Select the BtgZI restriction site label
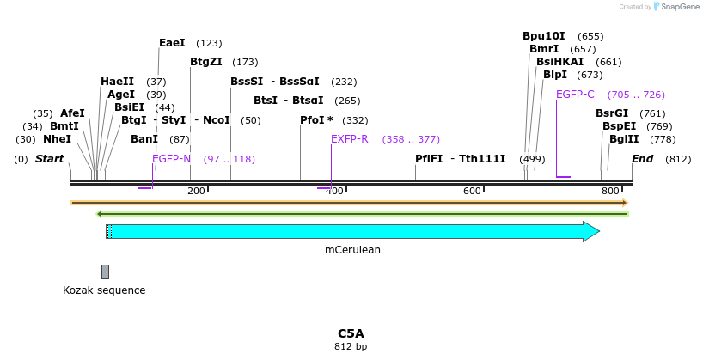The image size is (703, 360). point(205,62)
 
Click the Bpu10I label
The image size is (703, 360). point(544,36)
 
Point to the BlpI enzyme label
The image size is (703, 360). point(554,75)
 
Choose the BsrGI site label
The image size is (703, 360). point(612,113)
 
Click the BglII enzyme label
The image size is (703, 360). point(624,139)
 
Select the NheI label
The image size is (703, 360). point(57,139)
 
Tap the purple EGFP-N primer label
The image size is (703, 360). point(171,159)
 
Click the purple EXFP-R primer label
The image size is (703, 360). point(349,139)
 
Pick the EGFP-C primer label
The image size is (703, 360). point(575,95)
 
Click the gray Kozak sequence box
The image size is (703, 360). point(105,272)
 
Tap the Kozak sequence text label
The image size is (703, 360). point(104,290)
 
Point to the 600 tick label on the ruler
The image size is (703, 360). point(471,191)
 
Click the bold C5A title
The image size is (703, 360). point(351,333)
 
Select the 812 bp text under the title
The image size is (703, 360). point(351,347)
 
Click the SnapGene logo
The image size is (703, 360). point(675,7)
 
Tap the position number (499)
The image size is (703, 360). point(532,159)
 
